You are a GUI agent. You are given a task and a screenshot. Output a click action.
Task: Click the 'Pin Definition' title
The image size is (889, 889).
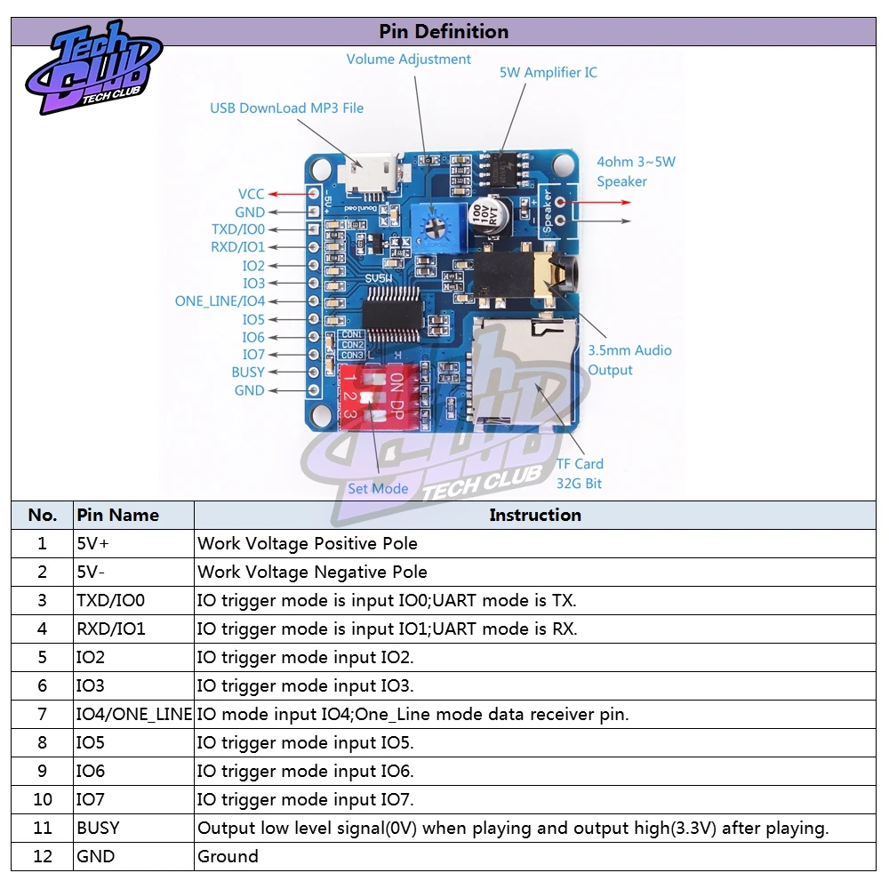pyautogui.click(x=444, y=31)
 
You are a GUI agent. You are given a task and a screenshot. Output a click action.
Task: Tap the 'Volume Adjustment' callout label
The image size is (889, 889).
pyautogui.click(x=408, y=60)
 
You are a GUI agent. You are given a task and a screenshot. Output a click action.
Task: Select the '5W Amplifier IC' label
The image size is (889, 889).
pyautogui.click(x=548, y=73)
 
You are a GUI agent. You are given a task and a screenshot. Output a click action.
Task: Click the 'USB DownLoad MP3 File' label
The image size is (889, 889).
pyautogui.click(x=286, y=108)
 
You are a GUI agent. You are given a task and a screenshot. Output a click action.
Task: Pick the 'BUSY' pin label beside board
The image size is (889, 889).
pyautogui.click(x=248, y=372)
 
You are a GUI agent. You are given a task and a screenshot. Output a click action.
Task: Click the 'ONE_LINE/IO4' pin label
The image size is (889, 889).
pyautogui.click(x=220, y=301)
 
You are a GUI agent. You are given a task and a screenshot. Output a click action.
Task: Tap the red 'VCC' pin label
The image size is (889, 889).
pyautogui.click(x=251, y=194)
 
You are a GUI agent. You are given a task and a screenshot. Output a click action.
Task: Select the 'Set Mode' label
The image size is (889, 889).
pyautogui.click(x=378, y=488)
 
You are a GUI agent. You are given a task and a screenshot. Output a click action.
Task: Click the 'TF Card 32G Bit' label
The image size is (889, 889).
pyautogui.click(x=580, y=474)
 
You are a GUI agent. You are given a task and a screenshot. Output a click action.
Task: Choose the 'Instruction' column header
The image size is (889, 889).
pyautogui.click(x=534, y=515)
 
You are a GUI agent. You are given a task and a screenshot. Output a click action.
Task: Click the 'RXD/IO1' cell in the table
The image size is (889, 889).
pyautogui.click(x=111, y=629)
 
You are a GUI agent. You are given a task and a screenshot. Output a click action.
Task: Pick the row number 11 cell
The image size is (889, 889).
pyautogui.click(x=43, y=828)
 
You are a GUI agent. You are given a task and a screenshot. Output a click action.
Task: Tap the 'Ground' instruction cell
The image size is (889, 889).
pyautogui.click(x=228, y=856)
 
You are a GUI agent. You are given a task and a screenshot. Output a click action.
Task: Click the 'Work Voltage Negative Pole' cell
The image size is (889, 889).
pyautogui.click(x=312, y=572)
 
